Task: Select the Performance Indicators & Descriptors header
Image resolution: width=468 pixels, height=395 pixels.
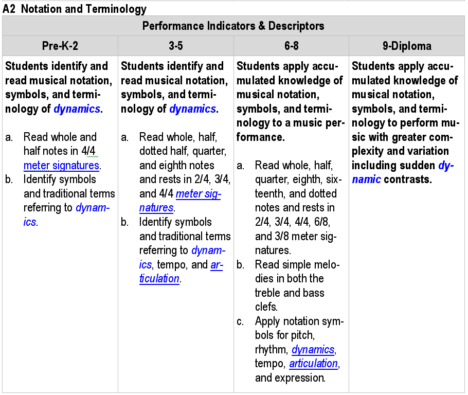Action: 233,26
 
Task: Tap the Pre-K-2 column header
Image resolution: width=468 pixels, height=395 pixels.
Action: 60,46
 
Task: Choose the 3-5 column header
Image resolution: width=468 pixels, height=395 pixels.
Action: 176,46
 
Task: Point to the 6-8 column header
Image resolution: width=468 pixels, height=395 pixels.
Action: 291,46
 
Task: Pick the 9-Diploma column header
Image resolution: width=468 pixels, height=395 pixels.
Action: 407,46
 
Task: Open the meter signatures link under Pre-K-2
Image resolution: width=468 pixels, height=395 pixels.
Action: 61,166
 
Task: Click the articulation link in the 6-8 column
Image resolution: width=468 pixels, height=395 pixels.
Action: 313,364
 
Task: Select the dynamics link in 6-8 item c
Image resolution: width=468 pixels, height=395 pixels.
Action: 313,350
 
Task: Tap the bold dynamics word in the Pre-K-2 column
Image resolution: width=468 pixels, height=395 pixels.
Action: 77,109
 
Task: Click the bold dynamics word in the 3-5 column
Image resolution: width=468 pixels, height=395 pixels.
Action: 192,109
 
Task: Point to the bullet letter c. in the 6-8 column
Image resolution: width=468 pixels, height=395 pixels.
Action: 240,322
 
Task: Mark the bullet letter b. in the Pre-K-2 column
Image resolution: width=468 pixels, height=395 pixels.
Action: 9,179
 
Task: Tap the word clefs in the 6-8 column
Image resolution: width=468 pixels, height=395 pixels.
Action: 266,307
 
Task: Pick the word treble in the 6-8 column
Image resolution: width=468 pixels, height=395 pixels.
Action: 268,293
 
